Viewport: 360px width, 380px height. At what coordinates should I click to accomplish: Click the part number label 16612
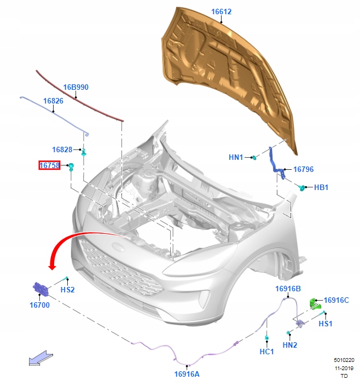(x=222, y=11)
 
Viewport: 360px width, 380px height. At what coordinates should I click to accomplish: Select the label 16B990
(x=76, y=87)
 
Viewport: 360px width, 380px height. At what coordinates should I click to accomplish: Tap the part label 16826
(x=53, y=101)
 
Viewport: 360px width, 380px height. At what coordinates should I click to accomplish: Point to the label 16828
(x=62, y=149)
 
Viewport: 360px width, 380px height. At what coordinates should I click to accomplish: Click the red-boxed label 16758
(x=49, y=165)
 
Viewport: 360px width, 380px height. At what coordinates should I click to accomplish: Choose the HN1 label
(x=236, y=158)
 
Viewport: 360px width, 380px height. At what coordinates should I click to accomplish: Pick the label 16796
(x=303, y=170)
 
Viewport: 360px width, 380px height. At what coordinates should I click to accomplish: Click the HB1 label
(x=321, y=187)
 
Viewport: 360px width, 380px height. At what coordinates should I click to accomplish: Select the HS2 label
(x=67, y=290)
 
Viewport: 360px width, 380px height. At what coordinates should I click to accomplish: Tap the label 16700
(x=40, y=305)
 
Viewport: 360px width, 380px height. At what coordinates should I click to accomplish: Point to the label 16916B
(x=288, y=289)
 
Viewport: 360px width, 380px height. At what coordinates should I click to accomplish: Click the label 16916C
(x=336, y=300)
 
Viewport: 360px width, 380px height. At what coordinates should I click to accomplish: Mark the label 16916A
(x=187, y=374)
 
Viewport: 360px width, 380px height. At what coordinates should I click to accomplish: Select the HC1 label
(x=266, y=352)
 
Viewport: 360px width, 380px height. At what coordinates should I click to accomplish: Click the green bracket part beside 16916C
(x=313, y=303)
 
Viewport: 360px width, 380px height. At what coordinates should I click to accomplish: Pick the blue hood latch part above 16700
(x=40, y=288)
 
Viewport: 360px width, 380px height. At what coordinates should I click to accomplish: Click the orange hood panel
(x=235, y=71)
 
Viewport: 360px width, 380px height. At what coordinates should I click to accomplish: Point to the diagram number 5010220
(x=344, y=361)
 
